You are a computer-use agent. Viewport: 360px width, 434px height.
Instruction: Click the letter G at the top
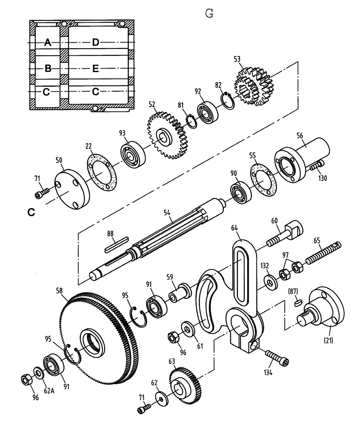tap(209, 14)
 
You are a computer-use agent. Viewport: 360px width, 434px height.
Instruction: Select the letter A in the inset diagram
tap(48, 43)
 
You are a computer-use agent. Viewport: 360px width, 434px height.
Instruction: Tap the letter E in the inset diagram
tap(95, 68)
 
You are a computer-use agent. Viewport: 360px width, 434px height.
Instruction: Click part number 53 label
tap(237, 59)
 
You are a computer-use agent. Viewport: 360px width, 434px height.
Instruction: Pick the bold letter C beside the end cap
tap(31, 213)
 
